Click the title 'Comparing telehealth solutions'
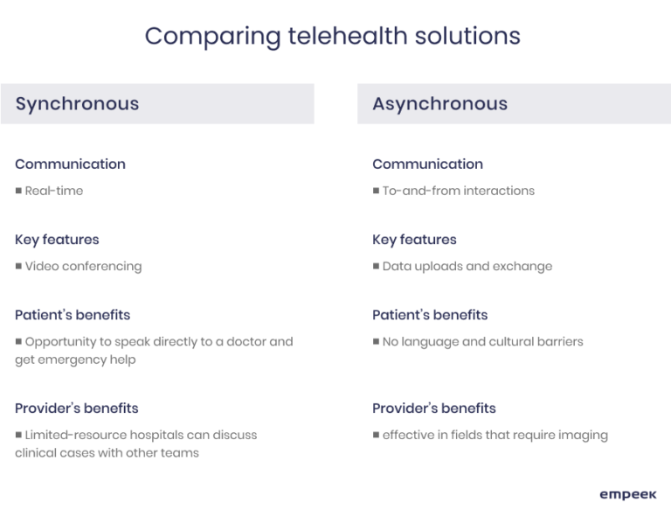pos(332,36)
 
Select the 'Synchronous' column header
pos(77,103)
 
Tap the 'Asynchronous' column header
pos(439,103)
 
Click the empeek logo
pos(627,494)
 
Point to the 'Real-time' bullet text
pos(54,191)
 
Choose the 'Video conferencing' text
pos(83,266)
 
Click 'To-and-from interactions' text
pos(459,191)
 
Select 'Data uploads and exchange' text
pos(467,266)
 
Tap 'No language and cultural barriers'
pos(482,341)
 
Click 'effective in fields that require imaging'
pos(495,435)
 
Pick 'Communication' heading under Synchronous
pos(70,164)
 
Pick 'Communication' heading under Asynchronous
pos(427,164)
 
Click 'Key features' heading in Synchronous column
pos(57,239)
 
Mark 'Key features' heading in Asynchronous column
pos(414,239)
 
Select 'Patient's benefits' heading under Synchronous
pos(73,314)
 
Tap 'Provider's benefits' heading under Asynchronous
pos(433,408)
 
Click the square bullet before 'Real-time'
pos(18,191)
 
